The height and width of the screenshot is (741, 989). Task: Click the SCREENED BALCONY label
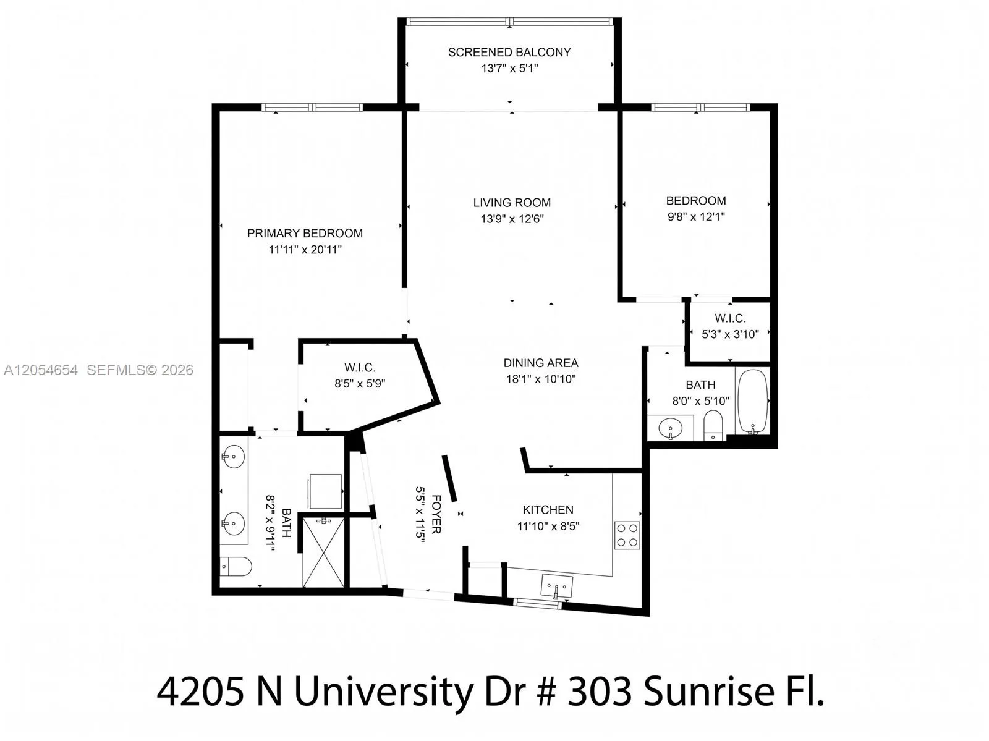point(509,53)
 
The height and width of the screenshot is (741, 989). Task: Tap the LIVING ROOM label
point(512,203)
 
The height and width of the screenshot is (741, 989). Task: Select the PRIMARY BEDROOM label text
point(305,234)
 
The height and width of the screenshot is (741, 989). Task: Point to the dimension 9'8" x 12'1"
point(696,217)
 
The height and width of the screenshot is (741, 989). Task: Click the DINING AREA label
point(541,363)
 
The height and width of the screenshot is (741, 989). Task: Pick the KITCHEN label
point(548,509)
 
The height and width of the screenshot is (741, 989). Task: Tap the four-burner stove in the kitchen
point(627,535)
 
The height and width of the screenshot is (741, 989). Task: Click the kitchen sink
point(556,587)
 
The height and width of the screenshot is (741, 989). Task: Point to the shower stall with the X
point(323,553)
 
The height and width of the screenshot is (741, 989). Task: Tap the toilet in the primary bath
point(236,566)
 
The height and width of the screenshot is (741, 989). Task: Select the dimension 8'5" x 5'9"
point(360,384)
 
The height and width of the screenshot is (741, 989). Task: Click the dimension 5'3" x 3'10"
point(730,334)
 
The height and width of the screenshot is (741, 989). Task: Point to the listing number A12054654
point(41,370)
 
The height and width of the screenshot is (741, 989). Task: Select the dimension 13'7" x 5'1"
point(509,69)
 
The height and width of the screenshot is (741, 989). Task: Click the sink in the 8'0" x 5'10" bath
point(671,428)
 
